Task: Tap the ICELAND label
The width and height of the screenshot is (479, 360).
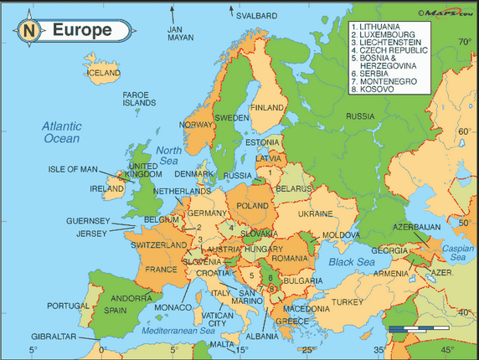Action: [104, 73]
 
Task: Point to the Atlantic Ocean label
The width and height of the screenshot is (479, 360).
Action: [62, 132]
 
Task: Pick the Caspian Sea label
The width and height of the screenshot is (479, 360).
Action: [457, 253]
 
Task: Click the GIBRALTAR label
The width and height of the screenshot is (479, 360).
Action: [54, 337]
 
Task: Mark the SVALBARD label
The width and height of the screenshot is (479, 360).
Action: [255, 15]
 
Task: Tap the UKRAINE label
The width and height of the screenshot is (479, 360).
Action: [315, 213]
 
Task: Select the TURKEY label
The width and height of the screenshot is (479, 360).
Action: [347, 301]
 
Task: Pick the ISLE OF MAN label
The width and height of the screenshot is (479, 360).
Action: [73, 168]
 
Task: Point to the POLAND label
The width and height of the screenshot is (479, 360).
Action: [252, 205]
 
